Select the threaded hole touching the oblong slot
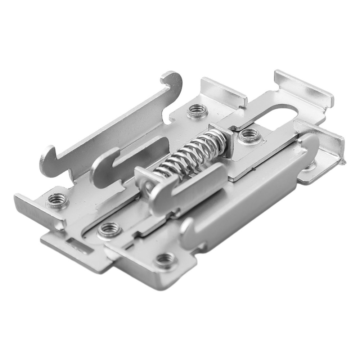[248, 135]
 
